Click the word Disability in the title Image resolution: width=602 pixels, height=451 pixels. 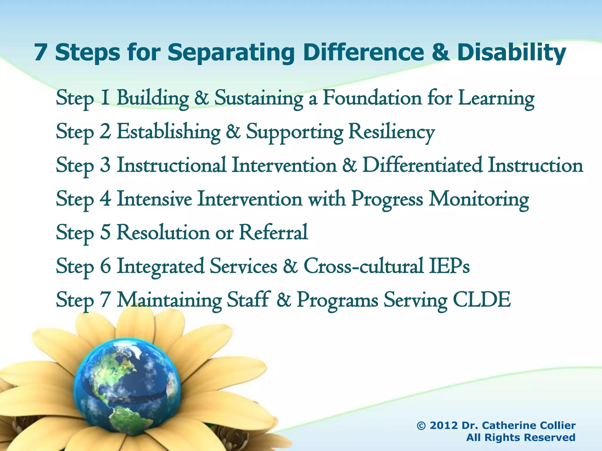(x=511, y=53)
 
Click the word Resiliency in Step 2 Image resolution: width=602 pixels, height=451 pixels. (x=391, y=132)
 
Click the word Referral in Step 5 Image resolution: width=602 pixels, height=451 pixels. (x=273, y=233)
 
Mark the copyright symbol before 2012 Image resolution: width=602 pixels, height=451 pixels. (x=422, y=425)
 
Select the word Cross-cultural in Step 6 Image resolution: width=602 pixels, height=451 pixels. (x=363, y=266)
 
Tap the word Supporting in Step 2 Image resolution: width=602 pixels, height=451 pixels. (x=294, y=132)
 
